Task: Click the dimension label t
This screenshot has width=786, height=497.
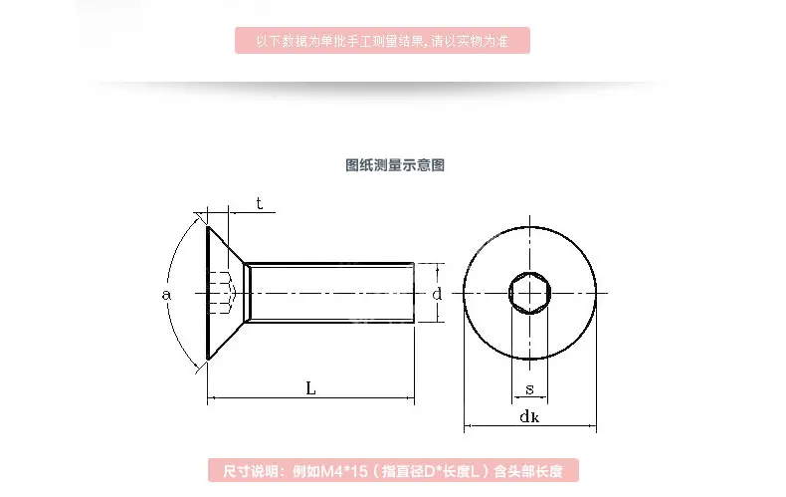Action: [259, 203]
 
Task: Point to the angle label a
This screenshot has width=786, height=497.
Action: [166, 294]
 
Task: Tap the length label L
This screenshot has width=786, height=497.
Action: [310, 388]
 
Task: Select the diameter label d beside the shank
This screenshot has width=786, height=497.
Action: [437, 293]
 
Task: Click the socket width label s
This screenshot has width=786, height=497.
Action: [530, 389]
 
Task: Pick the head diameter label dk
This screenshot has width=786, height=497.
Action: [529, 416]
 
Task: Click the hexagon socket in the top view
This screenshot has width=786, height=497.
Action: [530, 293]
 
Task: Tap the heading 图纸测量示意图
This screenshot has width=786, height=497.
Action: [395, 165]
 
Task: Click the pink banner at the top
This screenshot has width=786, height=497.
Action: [382, 40]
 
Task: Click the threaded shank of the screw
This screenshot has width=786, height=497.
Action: [331, 293]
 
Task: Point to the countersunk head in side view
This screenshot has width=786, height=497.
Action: [226, 293]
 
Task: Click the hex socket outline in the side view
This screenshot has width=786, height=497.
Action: [223, 293]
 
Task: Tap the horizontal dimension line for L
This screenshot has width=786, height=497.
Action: [310, 398]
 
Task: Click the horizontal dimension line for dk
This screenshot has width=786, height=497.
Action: [530, 426]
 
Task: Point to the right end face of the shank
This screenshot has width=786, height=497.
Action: [414, 293]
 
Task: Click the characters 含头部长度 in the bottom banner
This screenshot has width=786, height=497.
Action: [529, 471]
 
